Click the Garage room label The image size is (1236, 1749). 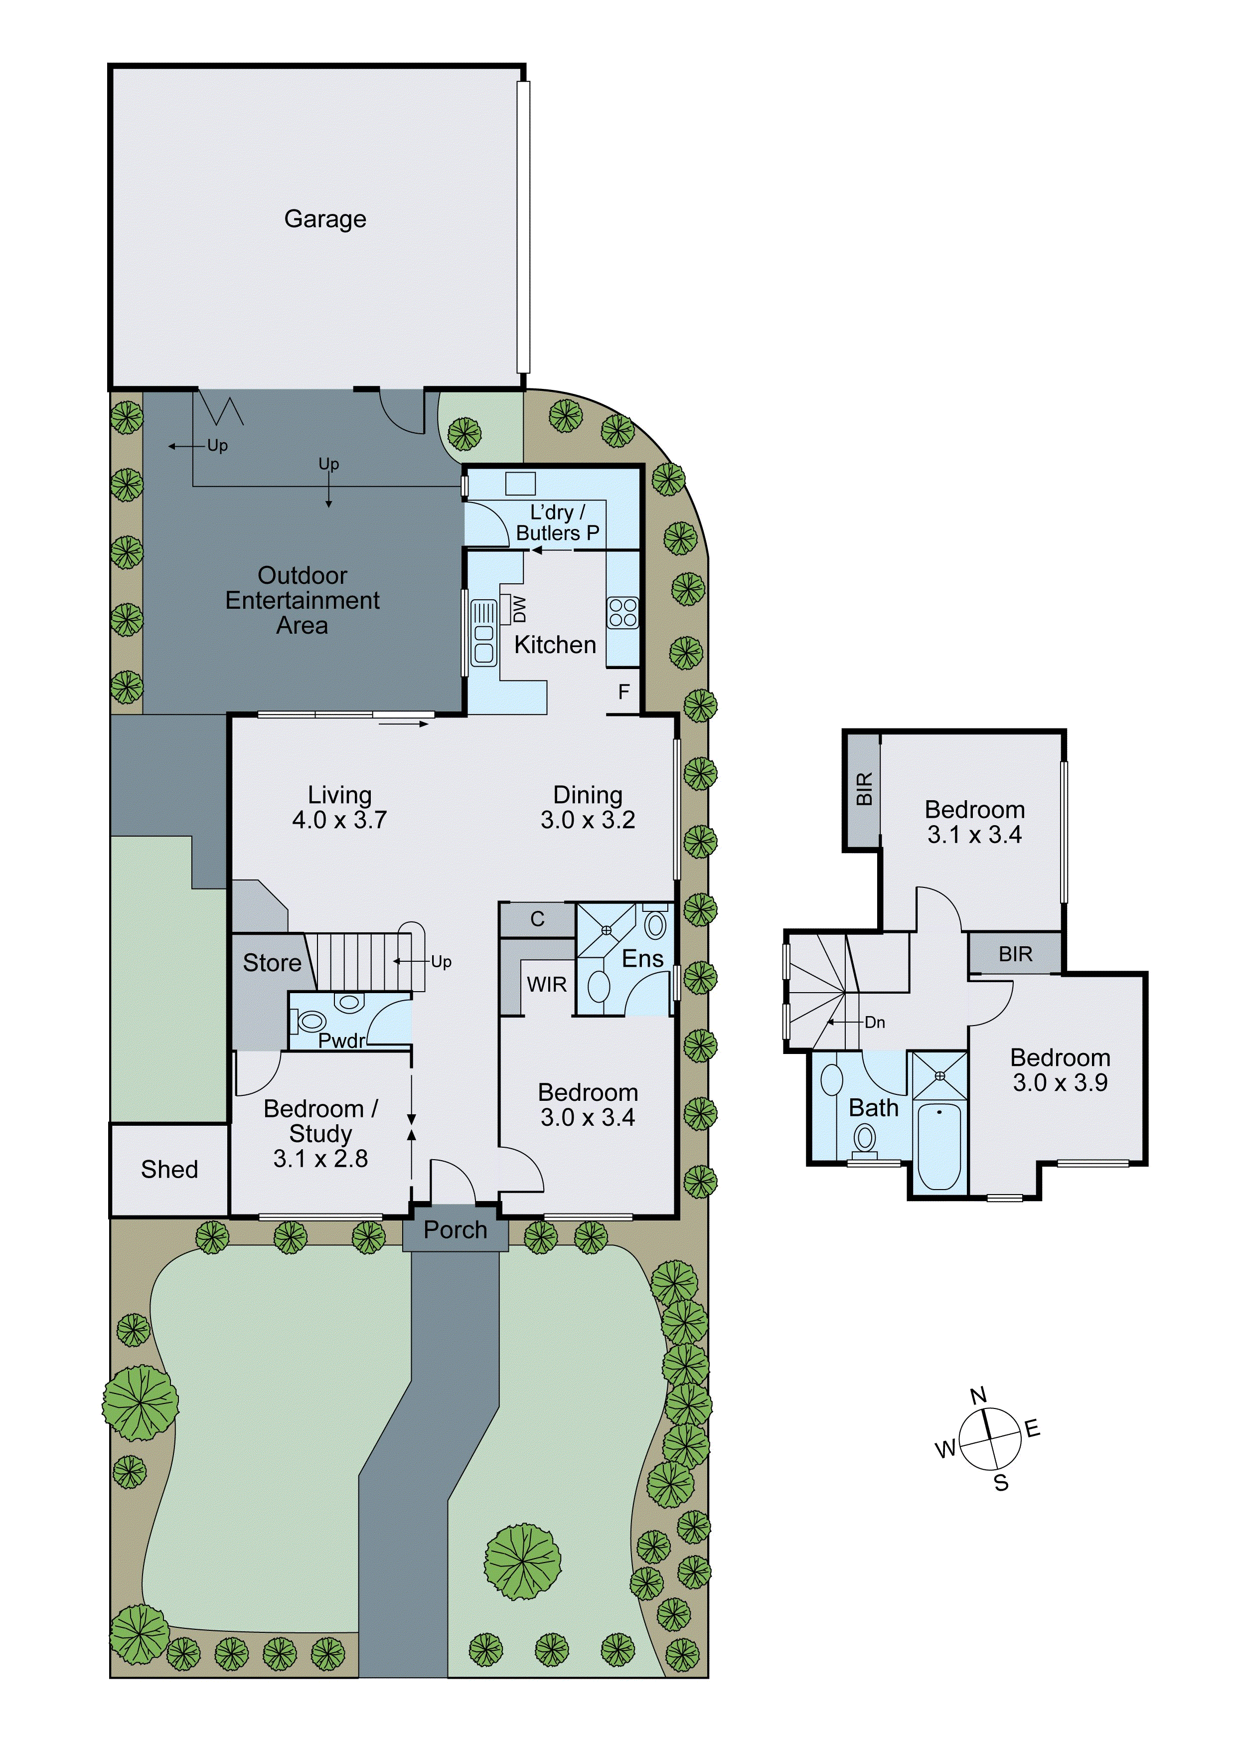coord(325,219)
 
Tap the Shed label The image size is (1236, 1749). coord(169,1169)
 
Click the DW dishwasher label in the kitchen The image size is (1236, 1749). coord(519,608)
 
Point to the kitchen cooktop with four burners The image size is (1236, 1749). coord(622,612)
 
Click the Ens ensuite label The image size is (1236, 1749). coord(643,959)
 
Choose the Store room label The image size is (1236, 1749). coord(272,963)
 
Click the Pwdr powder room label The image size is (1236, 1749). coord(342,1041)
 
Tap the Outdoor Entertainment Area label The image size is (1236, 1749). coord(303,600)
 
